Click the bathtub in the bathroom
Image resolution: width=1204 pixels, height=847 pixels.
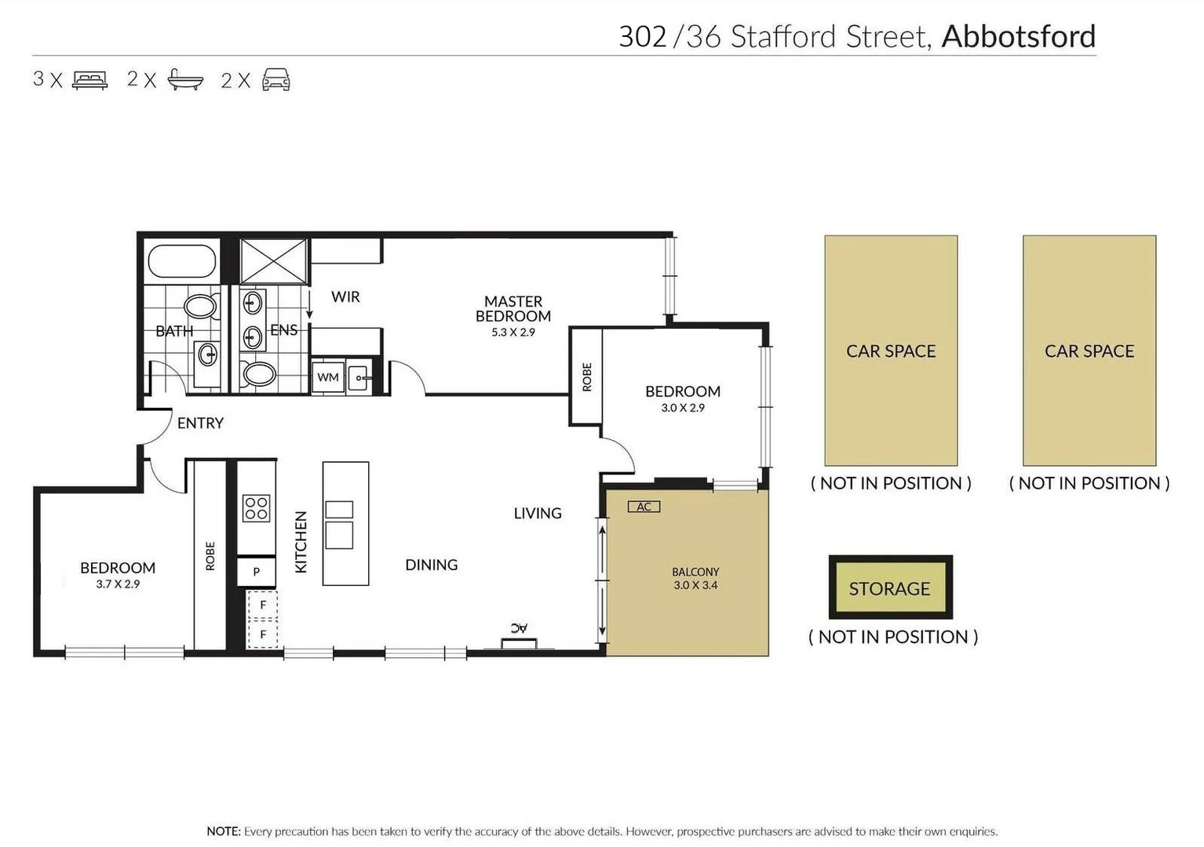(x=181, y=262)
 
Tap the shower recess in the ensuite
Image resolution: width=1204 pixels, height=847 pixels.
(x=273, y=261)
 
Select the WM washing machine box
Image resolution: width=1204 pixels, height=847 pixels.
(x=328, y=377)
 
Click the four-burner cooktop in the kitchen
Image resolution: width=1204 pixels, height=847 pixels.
(x=257, y=508)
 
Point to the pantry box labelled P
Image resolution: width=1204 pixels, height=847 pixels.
(x=256, y=572)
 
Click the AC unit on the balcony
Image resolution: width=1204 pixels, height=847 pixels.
(x=644, y=507)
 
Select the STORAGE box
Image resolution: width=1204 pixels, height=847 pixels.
(x=890, y=588)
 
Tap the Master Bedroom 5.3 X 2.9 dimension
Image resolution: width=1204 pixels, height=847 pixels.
(x=513, y=333)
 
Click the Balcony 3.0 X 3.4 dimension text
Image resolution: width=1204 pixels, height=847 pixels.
(x=695, y=585)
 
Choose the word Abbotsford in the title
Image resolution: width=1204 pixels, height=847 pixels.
(x=1018, y=36)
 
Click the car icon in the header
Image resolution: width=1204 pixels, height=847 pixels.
(x=275, y=80)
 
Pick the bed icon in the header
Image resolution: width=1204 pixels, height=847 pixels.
(x=89, y=80)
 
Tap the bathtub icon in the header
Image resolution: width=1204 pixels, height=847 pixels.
(x=185, y=80)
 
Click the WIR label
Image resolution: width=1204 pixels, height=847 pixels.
(x=345, y=296)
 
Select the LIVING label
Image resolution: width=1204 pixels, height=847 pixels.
(x=538, y=513)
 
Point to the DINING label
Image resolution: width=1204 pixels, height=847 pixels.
(x=431, y=565)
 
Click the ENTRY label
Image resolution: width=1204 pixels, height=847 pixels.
(x=200, y=423)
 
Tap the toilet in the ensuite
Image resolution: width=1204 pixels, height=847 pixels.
(x=258, y=374)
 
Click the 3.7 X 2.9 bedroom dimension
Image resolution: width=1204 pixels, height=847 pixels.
(x=118, y=584)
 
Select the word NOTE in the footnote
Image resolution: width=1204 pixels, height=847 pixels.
(x=223, y=831)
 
